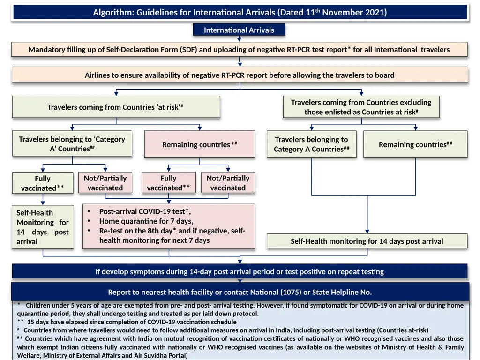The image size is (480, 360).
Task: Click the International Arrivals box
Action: [x=239, y=30]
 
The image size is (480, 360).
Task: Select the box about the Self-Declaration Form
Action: [x=239, y=49]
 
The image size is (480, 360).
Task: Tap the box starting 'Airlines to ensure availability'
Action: [x=239, y=75]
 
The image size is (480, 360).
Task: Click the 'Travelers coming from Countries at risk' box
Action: [x=115, y=107]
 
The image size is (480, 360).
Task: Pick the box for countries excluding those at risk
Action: [x=361, y=107]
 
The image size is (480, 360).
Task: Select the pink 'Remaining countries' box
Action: [x=199, y=144]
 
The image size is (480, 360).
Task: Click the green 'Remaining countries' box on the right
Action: [x=415, y=144]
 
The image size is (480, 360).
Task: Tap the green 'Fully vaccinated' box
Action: [x=43, y=183]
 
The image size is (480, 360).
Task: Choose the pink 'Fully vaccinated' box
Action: [x=168, y=183]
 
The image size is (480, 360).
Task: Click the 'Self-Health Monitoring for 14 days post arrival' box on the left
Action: [x=43, y=227]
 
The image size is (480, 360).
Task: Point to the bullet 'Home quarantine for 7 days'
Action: [x=146, y=221]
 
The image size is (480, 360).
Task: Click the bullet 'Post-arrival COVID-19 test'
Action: [x=145, y=211]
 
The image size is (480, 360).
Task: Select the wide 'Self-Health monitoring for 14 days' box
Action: [x=367, y=241]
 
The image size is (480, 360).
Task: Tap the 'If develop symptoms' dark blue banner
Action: [x=239, y=271]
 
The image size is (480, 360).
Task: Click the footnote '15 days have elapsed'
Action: [x=131, y=322]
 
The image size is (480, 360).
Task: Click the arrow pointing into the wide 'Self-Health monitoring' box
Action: [x=367, y=230]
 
